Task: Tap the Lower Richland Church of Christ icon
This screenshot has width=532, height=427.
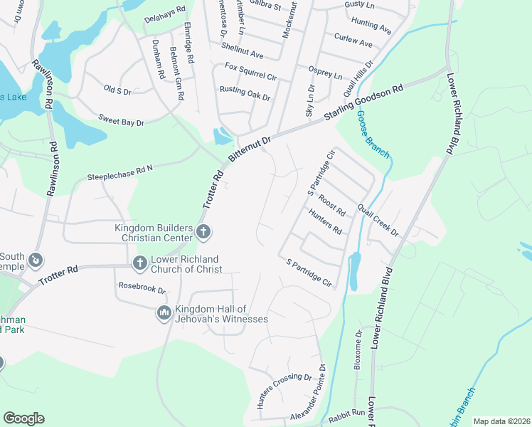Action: pos(140,263)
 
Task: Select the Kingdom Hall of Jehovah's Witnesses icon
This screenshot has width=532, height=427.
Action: pos(164,313)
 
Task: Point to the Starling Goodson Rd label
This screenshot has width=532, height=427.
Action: pos(364,105)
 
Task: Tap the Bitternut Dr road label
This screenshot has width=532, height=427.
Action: pos(250,150)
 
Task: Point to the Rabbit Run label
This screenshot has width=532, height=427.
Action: pos(347,412)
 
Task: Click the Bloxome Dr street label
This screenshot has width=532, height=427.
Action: pos(358,349)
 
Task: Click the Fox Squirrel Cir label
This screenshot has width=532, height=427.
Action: pos(250,70)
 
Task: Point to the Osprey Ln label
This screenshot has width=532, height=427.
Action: pos(325,73)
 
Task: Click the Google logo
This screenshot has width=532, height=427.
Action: pos(23,418)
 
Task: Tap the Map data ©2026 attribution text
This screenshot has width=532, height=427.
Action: pos(501,421)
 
